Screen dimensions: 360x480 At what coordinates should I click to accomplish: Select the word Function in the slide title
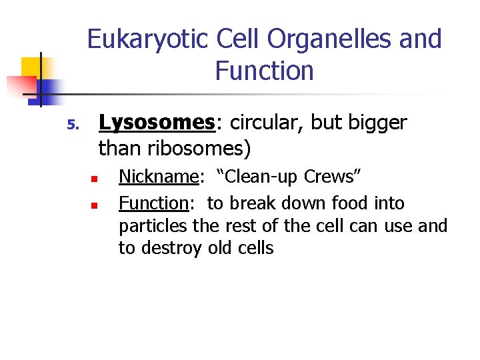[264, 71]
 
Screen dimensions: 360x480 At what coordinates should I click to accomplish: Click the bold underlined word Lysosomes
[156, 123]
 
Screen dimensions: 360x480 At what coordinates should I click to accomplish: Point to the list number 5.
[73, 125]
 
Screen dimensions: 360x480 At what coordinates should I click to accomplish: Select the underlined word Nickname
[159, 177]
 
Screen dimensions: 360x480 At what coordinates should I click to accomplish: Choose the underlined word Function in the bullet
[154, 203]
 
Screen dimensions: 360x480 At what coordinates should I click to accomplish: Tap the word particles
[153, 226]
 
